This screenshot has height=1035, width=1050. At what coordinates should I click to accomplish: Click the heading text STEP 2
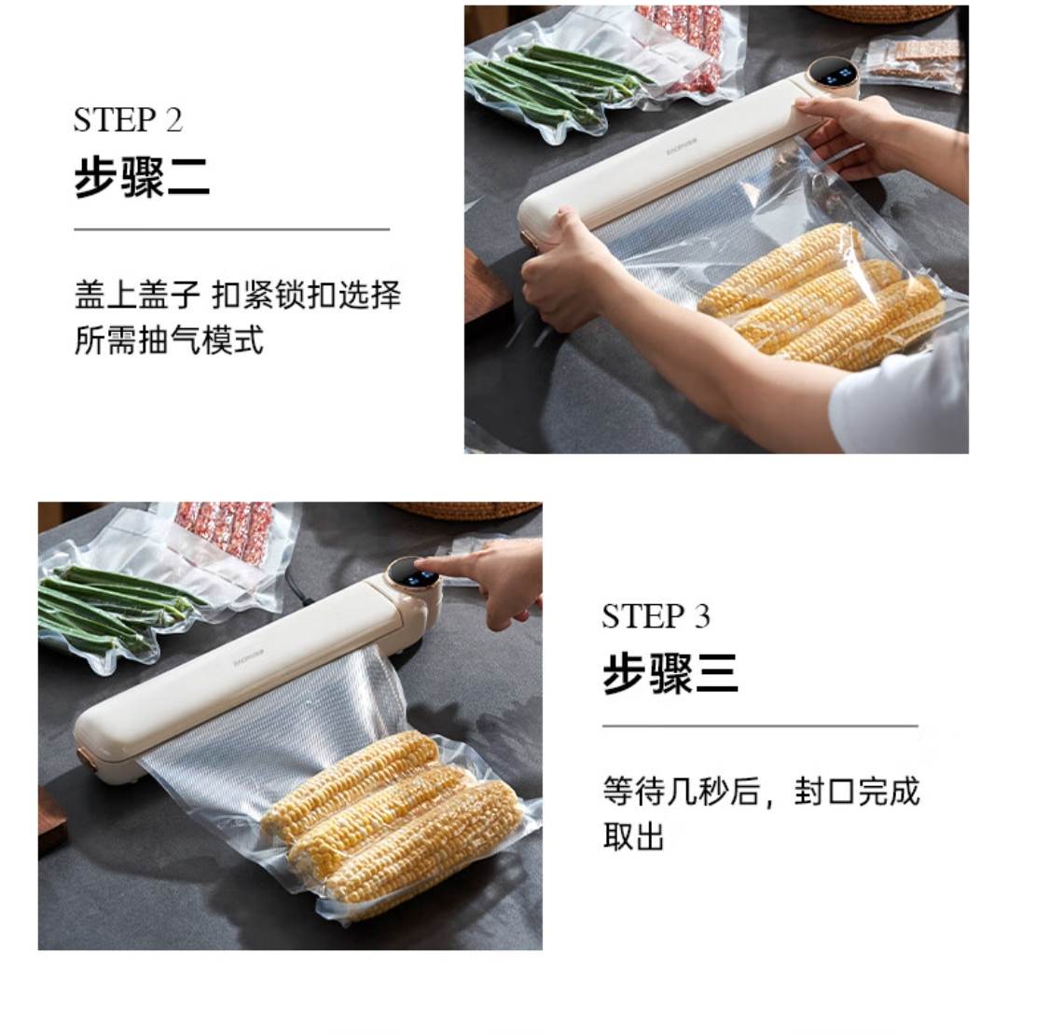(x=128, y=120)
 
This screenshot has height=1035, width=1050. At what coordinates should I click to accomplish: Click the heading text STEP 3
(x=656, y=616)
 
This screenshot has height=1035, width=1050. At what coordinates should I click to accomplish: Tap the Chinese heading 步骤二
(x=142, y=177)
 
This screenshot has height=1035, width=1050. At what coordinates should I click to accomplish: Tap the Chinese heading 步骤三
(x=670, y=673)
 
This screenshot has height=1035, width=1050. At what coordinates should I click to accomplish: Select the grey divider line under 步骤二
(x=231, y=229)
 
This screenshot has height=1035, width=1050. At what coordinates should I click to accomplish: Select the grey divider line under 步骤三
(x=760, y=725)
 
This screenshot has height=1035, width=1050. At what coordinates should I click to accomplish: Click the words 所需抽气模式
(x=169, y=340)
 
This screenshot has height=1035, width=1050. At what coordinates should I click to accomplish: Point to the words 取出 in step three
(x=633, y=836)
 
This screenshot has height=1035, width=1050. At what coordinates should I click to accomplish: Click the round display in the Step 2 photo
(x=833, y=74)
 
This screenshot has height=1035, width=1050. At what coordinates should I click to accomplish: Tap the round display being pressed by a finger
(x=413, y=574)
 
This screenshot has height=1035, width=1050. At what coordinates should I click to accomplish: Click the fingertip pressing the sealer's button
(x=426, y=566)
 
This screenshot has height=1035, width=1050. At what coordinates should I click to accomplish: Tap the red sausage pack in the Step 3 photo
(x=226, y=528)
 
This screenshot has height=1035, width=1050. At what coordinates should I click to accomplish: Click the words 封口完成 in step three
(x=857, y=792)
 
